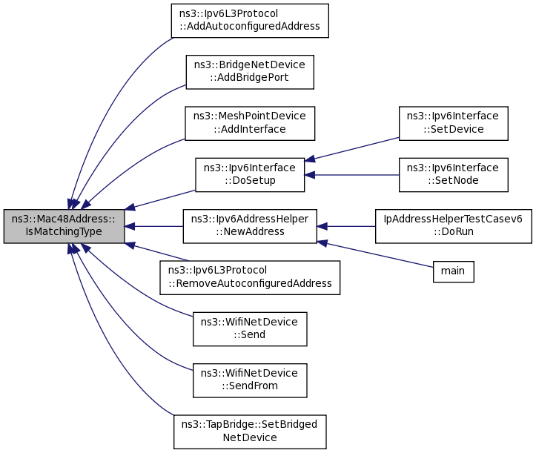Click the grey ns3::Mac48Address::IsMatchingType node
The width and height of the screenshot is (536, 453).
click(x=63, y=226)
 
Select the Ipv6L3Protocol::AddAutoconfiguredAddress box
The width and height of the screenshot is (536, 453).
click(x=249, y=21)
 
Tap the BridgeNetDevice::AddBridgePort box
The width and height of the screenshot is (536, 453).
click(x=249, y=72)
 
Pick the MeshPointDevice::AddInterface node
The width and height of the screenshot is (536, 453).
click(x=250, y=123)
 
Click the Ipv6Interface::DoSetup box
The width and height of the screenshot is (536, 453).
click(x=250, y=175)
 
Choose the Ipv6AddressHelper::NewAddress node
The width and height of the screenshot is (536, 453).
click(x=250, y=226)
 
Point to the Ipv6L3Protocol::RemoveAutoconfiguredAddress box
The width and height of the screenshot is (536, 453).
click(x=250, y=277)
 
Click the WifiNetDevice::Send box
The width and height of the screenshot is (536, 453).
click(x=250, y=328)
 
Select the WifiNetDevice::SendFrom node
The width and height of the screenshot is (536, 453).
click(x=250, y=380)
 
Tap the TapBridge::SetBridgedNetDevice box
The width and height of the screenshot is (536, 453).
click(x=250, y=431)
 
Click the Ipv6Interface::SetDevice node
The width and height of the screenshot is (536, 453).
click(x=454, y=123)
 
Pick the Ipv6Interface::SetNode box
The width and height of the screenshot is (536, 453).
click(x=454, y=175)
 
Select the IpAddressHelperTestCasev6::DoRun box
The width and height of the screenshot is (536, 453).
click(x=454, y=226)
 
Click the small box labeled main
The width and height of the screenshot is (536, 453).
click(x=453, y=271)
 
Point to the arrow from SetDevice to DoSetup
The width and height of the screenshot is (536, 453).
click(x=352, y=148)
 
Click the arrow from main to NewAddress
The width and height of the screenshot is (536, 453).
click(x=378, y=255)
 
